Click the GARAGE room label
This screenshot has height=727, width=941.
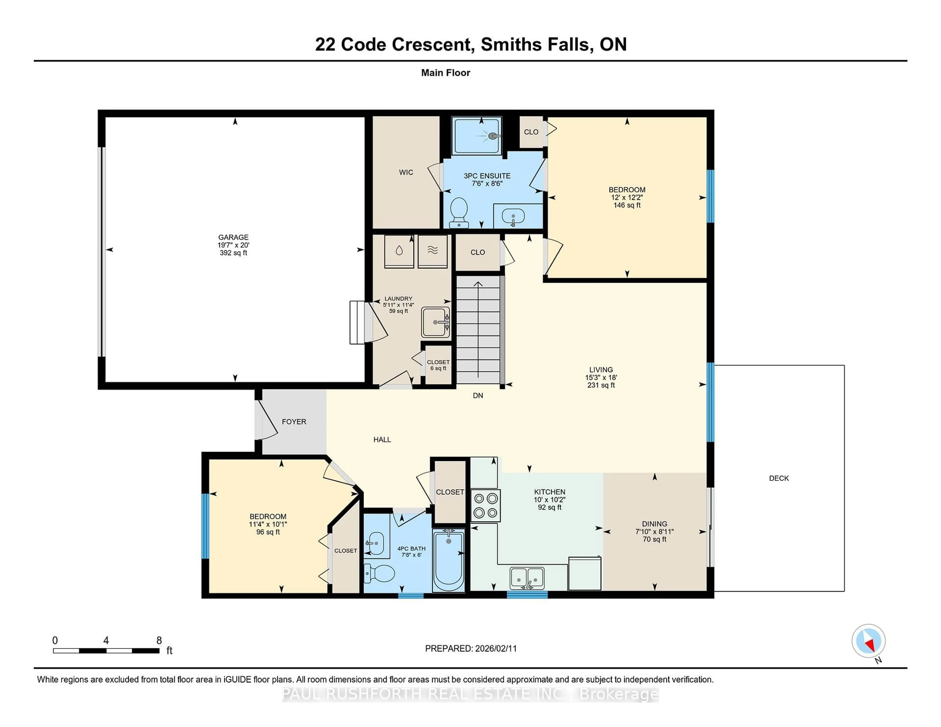233,237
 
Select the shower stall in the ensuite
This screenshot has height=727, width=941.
477,136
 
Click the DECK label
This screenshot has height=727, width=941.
779,478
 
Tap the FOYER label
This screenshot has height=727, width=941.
294,422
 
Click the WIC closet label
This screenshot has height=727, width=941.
406,172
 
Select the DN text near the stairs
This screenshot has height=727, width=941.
478,395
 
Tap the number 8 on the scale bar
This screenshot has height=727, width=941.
159,641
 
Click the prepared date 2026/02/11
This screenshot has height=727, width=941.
495,649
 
